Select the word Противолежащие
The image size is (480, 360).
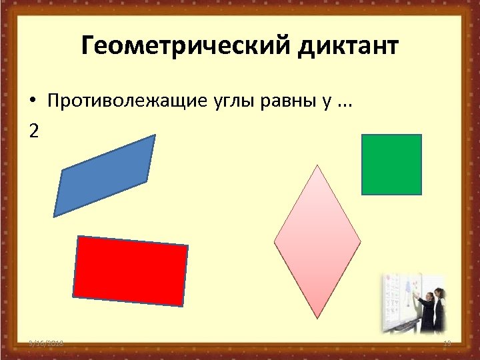tap(117, 101)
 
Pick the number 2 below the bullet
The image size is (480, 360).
tap(34, 131)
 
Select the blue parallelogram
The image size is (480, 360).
tap(105, 175)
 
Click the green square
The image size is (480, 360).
tap(391, 165)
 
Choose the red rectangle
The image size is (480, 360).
tap(131, 271)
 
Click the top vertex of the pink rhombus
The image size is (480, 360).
tap(317, 165)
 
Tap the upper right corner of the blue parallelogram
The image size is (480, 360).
tap(155, 135)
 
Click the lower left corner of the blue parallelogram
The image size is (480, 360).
tap(54, 216)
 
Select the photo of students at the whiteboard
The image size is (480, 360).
tap(413, 304)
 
